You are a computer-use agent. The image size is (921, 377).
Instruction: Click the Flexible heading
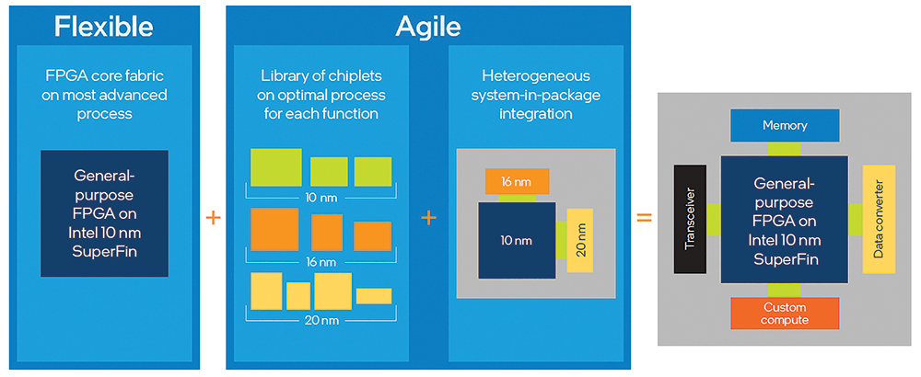(104, 27)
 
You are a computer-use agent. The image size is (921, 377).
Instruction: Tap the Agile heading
(428, 27)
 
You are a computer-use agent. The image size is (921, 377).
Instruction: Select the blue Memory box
(785, 125)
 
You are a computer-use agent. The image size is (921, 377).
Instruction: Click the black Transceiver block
(690, 219)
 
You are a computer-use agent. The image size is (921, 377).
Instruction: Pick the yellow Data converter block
(879, 219)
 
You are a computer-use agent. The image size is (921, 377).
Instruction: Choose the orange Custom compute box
(785, 313)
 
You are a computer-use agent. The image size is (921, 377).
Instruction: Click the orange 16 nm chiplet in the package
(517, 181)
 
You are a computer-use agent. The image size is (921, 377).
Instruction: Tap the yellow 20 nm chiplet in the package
(580, 240)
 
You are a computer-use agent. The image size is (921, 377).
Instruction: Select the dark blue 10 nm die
(517, 240)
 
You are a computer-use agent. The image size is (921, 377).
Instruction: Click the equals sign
(645, 218)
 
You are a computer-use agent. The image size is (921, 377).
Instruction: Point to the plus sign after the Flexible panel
(213, 218)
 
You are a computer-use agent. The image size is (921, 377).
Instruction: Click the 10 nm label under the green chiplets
(321, 198)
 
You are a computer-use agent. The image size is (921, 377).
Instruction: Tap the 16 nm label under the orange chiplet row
(321, 261)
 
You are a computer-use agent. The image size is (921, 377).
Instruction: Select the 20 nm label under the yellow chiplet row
(321, 320)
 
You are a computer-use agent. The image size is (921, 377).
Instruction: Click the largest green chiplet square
(276, 167)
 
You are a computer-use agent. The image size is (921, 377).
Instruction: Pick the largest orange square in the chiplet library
(274, 229)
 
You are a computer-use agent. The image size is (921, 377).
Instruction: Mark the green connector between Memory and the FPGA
(784, 148)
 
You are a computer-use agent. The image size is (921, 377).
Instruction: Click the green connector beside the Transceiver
(714, 219)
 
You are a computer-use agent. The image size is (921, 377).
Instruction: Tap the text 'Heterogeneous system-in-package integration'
(536, 95)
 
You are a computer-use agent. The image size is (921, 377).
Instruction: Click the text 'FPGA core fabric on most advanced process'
(105, 95)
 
